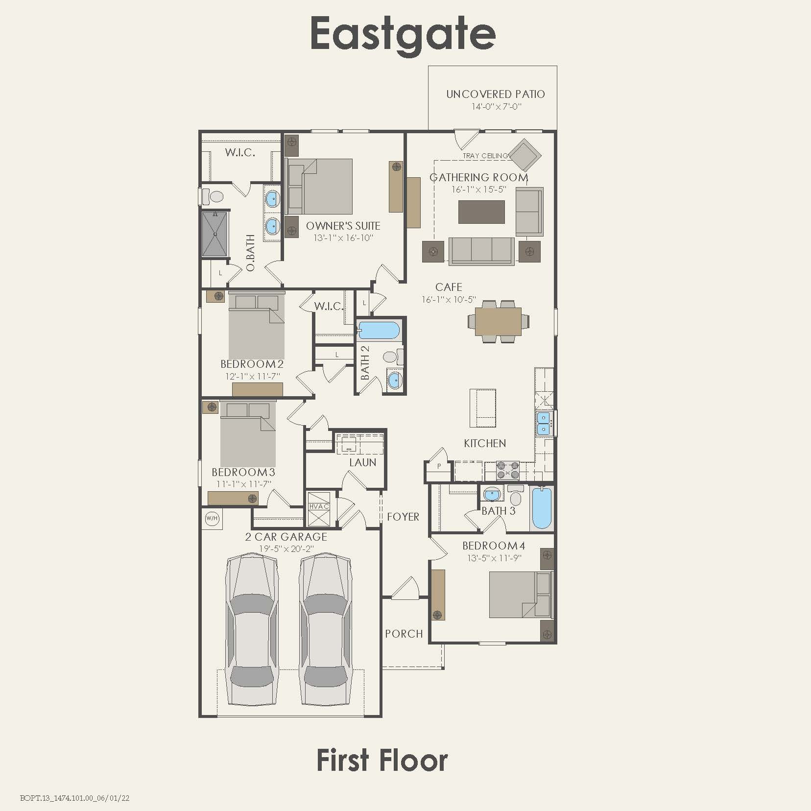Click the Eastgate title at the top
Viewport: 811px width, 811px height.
(x=403, y=34)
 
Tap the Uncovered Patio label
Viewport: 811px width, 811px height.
(x=495, y=94)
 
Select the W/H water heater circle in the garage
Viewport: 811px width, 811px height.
(x=212, y=518)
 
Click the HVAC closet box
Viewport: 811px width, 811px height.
(x=318, y=508)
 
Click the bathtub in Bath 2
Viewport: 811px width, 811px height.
(x=379, y=330)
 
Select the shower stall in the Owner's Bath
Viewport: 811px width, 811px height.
(x=215, y=234)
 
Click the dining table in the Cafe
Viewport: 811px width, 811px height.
(x=498, y=321)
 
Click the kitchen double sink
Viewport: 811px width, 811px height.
(x=543, y=423)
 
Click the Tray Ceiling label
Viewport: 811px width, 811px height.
(x=485, y=156)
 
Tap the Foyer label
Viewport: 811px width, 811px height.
(x=403, y=517)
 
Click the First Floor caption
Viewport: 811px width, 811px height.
(x=382, y=761)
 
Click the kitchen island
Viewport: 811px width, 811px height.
(x=482, y=407)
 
